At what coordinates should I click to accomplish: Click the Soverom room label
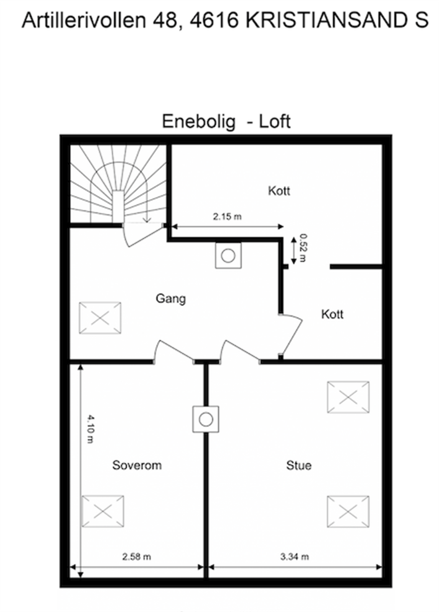coord(137,465)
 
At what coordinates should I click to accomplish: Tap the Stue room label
coord(299,465)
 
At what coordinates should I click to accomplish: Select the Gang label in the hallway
coord(170,298)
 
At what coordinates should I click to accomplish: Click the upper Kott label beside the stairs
coord(279,190)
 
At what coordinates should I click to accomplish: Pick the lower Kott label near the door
coord(332,314)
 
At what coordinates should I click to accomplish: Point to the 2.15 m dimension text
coord(227,216)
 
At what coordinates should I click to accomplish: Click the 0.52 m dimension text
coord(303,247)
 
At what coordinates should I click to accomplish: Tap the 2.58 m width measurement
coord(136,557)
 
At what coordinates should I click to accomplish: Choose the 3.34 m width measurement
coord(294,557)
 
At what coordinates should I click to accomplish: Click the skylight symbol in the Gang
coord(100,317)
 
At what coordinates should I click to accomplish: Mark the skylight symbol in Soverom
coord(103,511)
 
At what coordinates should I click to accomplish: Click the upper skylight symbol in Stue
coord(348,397)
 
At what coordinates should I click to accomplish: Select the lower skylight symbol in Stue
coord(348,511)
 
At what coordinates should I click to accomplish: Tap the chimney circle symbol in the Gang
coord(228,256)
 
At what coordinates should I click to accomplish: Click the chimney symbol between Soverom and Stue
coord(206,419)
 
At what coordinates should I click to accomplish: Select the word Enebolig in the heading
coord(199,121)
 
